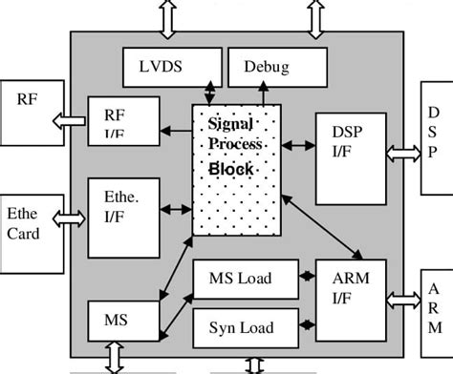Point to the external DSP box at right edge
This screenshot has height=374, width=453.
(x=436, y=134)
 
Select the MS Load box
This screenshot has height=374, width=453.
(x=246, y=280)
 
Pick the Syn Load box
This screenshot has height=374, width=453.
(x=246, y=328)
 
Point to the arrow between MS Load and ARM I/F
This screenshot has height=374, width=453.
(x=307, y=278)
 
